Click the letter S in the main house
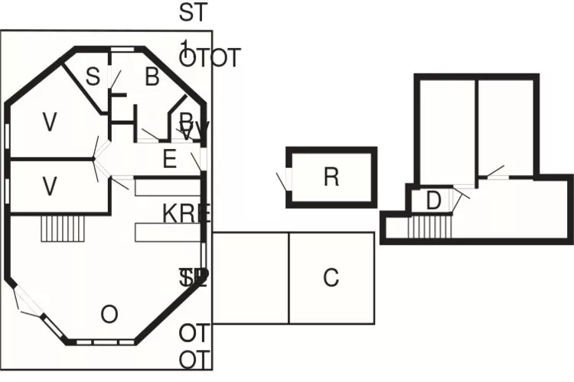93,76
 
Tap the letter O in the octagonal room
109,313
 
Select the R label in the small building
331,176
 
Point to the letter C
331,277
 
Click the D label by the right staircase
434,201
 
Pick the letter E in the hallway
170,159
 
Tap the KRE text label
186,212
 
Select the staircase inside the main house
61,228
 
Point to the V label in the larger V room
51,121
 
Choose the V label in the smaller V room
51,186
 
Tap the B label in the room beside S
152,76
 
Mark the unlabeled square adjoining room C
250,277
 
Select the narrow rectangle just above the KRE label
168,187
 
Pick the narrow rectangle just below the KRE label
168,231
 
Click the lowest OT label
194,360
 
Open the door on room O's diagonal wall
28,304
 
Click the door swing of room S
115,79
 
